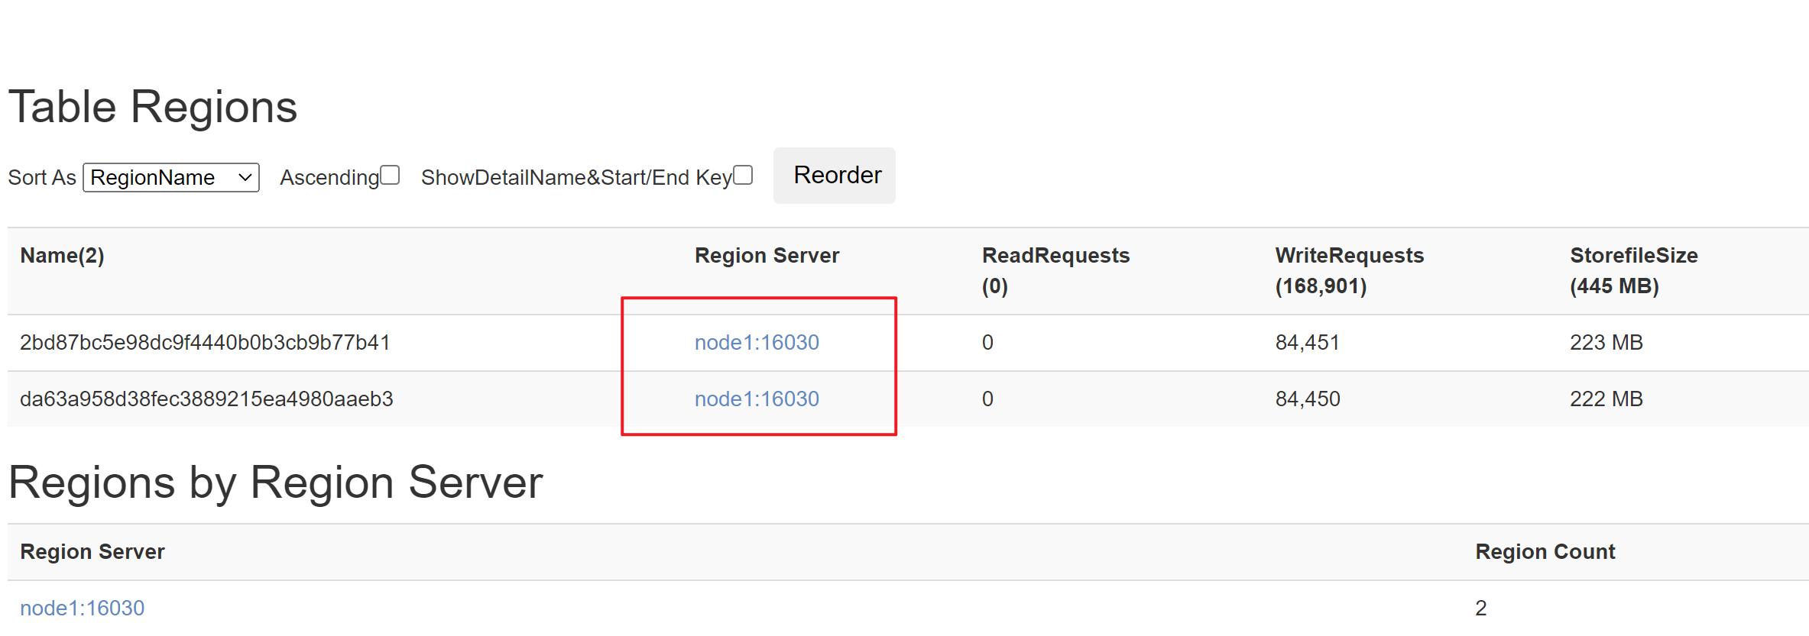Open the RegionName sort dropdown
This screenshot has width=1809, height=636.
171,178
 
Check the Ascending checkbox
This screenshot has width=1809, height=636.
390,176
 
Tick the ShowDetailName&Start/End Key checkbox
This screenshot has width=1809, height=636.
743,176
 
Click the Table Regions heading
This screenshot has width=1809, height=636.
153,107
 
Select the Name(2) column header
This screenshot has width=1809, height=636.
62,256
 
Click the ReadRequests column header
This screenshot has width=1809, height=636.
1055,270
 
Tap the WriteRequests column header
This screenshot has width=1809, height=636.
1350,270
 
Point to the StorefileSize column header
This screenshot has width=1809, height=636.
1634,270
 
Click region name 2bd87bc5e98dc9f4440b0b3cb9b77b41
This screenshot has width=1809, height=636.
205,343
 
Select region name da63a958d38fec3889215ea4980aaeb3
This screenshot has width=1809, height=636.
206,399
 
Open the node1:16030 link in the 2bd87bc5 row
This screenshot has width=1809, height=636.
757,343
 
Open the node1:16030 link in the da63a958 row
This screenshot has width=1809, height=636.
757,399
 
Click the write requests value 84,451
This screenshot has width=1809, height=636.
1308,343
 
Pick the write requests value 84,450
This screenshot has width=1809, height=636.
1308,399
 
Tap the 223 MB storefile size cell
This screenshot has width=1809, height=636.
1606,343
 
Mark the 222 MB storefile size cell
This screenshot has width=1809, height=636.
1606,399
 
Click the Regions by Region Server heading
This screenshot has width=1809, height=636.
276,483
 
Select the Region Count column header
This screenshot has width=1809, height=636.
1545,552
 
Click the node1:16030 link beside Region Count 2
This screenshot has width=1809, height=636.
83,609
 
